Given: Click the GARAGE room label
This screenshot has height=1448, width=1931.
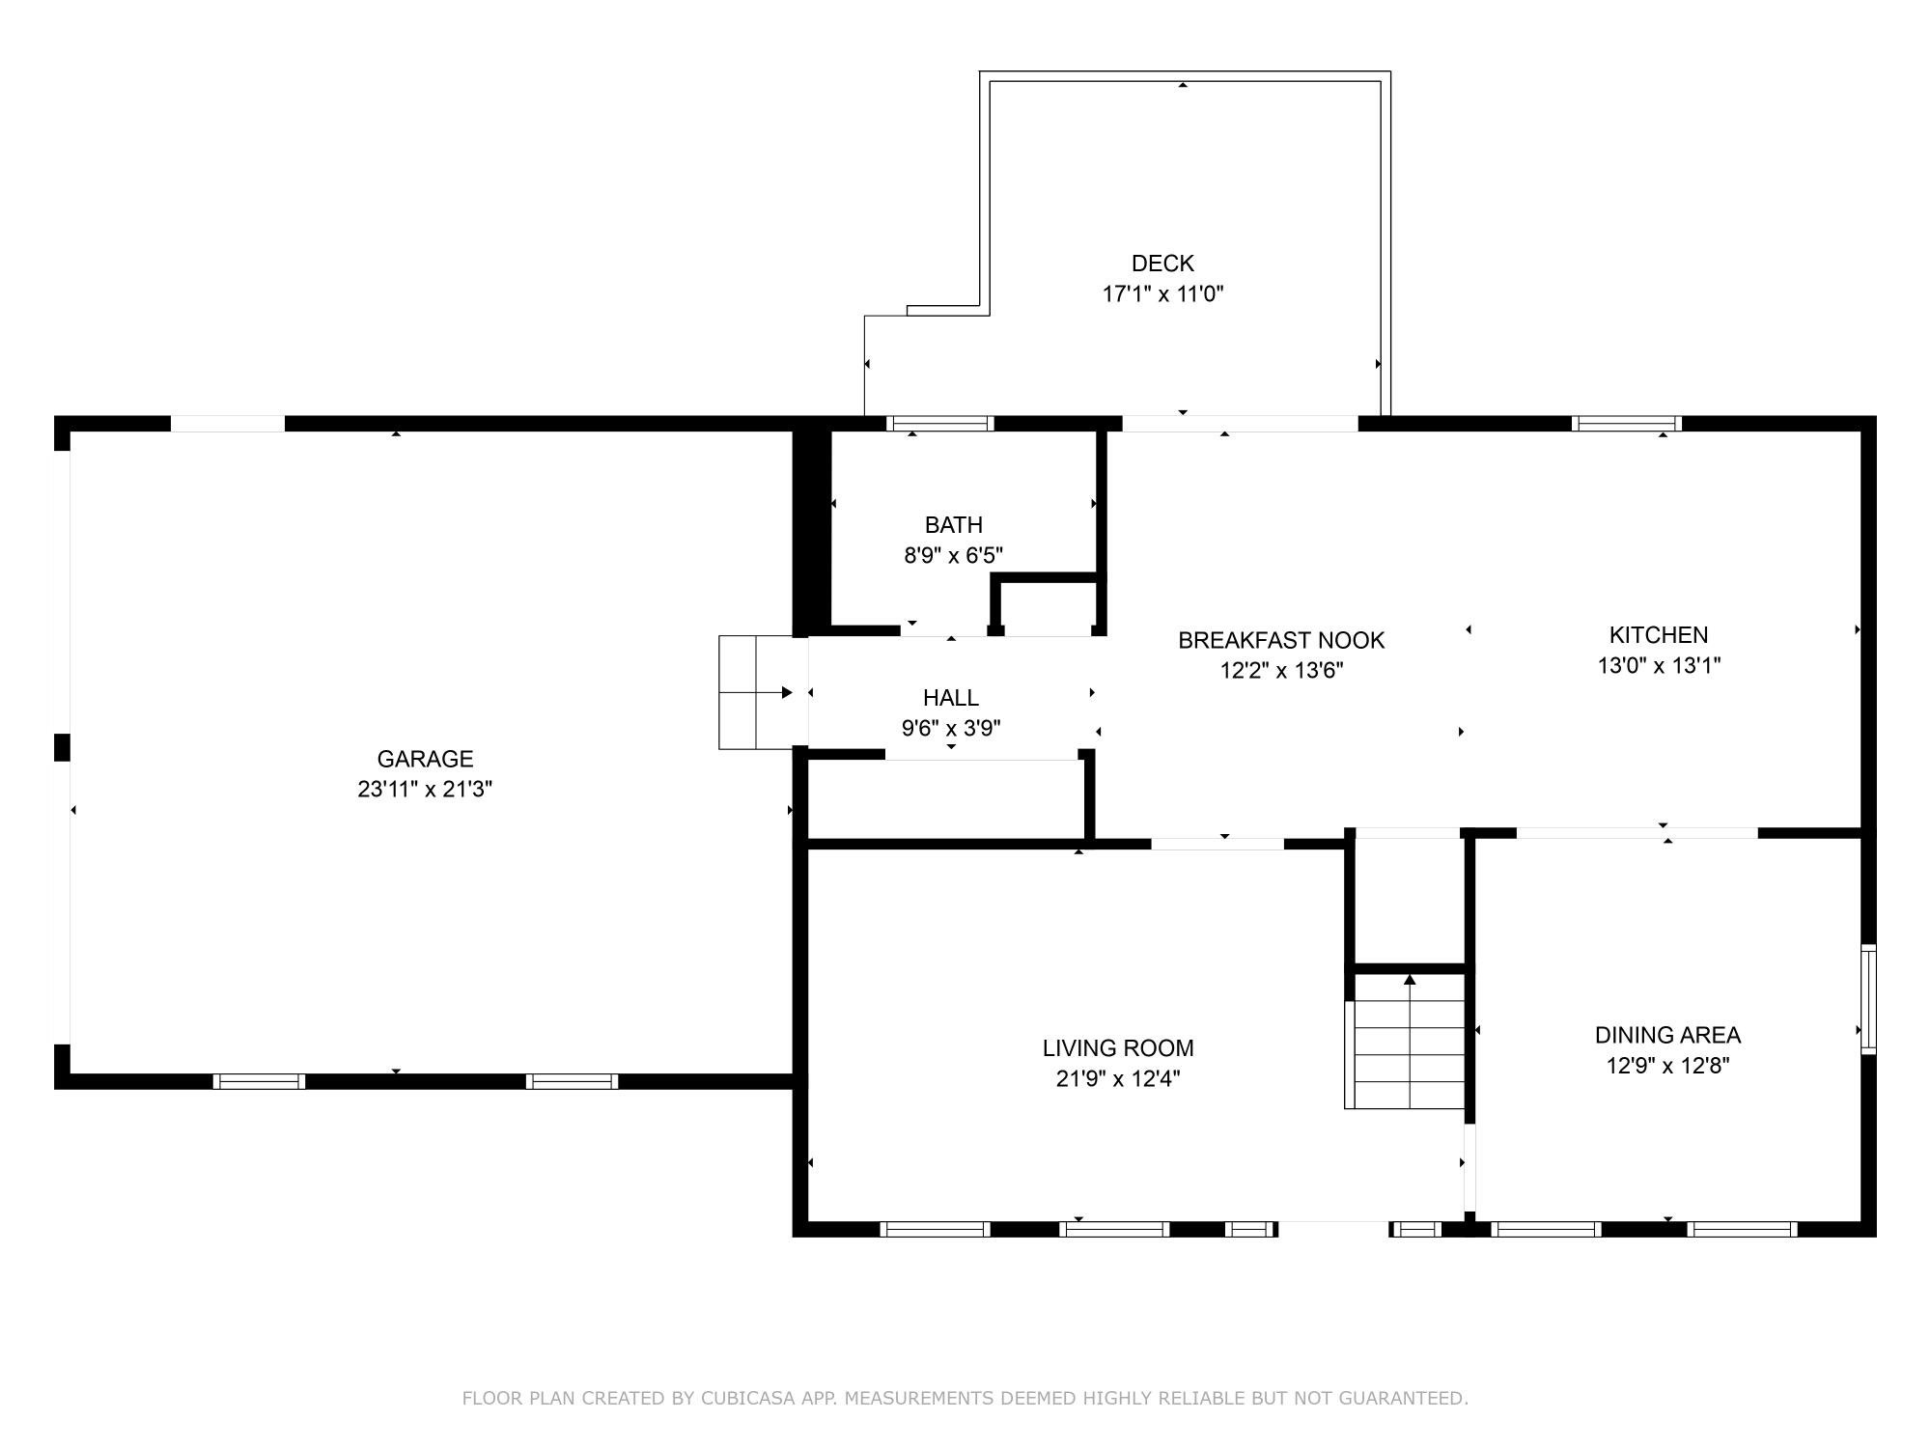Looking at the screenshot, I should [x=425, y=759].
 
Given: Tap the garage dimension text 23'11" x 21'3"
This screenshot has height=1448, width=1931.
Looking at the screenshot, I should [x=425, y=790].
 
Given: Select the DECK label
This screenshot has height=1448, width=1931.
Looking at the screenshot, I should [x=1162, y=264].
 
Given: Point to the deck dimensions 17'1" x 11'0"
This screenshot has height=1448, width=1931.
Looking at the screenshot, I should [x=1162, y=294].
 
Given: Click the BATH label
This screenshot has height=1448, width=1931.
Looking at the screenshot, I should [x=954, y=525].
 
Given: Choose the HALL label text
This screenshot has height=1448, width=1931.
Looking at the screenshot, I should [x=951, y=698].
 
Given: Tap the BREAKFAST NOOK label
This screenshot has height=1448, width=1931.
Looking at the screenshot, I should [x=1281, y=640].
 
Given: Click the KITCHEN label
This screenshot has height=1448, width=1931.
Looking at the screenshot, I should [x=1659, y=635].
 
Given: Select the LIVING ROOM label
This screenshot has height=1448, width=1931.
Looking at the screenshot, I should [x=1118, y=1048].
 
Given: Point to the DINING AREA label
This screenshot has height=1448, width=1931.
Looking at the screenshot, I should [x=1667, y=1036].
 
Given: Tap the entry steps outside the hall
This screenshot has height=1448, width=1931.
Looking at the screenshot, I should [x=753, y=692].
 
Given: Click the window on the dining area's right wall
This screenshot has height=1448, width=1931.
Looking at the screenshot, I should [x=1868, y=999].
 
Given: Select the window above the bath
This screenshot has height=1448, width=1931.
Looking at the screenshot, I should [x=939, y=423].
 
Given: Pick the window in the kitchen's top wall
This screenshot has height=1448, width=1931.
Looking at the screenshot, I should [x=1626, y=423].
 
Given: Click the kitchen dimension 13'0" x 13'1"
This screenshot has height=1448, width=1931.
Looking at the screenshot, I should [x=1659, y=666].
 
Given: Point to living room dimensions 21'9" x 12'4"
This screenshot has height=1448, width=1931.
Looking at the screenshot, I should [x=1118, y=1079].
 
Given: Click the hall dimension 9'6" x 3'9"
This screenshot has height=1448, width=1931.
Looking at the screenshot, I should [x=951, y=729].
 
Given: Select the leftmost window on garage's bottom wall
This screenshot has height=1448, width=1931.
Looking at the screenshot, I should [x=259, y=1081].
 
